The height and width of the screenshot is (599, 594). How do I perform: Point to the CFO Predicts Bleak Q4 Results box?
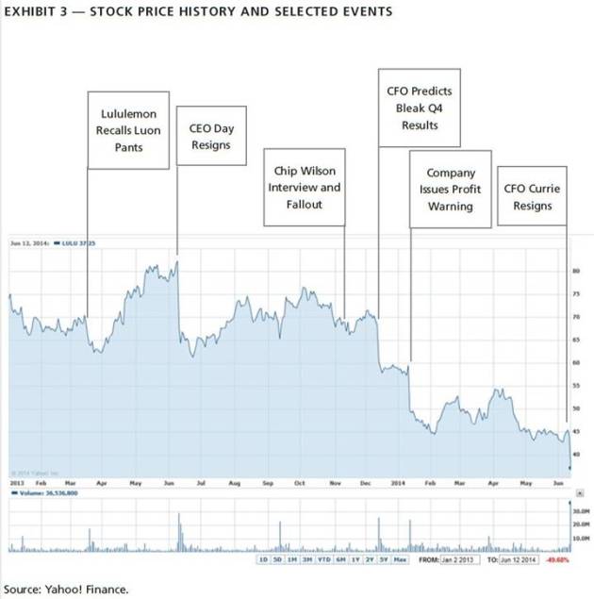click(420, 108)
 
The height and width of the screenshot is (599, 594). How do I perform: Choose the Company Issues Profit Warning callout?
click(451, 189)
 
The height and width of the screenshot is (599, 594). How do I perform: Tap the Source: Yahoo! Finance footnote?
click(66, 590)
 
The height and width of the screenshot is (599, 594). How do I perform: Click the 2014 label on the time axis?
click(397, 482)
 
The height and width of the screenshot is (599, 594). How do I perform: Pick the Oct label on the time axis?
click(300, 482)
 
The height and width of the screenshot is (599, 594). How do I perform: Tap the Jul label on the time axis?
click(201, 482)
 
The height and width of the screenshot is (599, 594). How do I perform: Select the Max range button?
click(400, 559)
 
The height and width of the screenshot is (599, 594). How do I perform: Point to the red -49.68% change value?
click(567, 559)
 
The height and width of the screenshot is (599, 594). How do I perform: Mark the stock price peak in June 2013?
click(175, 263)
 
